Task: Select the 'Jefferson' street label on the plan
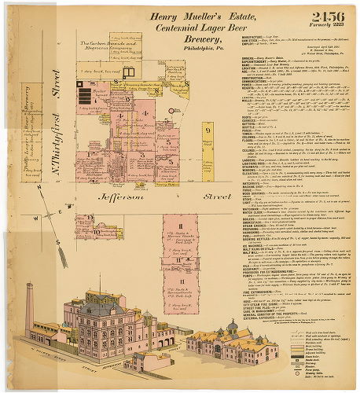point(139,202)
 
